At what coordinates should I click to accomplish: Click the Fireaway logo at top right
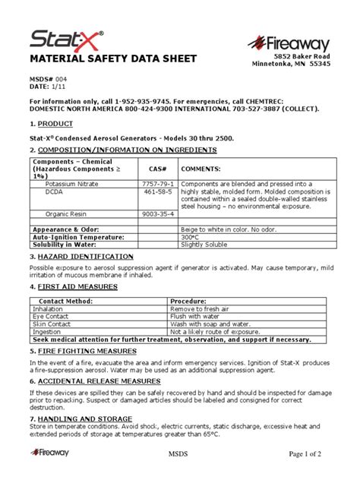292,43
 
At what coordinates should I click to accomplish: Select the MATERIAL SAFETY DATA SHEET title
113,59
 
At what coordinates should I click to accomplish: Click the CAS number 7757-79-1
157,185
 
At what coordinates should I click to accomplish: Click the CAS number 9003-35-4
157,215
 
